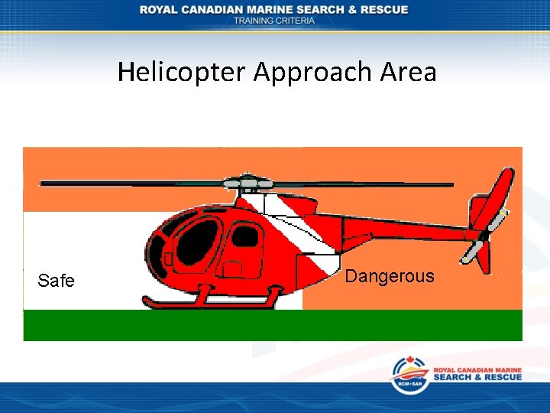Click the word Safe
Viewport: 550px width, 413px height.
point(56,281)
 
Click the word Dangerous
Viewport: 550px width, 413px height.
point(389,276)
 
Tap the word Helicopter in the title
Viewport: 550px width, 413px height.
point(183,72)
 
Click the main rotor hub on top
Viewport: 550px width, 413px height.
point(247,183)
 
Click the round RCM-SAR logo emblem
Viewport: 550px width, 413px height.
point(410,375)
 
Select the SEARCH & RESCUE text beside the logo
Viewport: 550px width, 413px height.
point(477,377)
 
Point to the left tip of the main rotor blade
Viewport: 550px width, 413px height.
point(43,184)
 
